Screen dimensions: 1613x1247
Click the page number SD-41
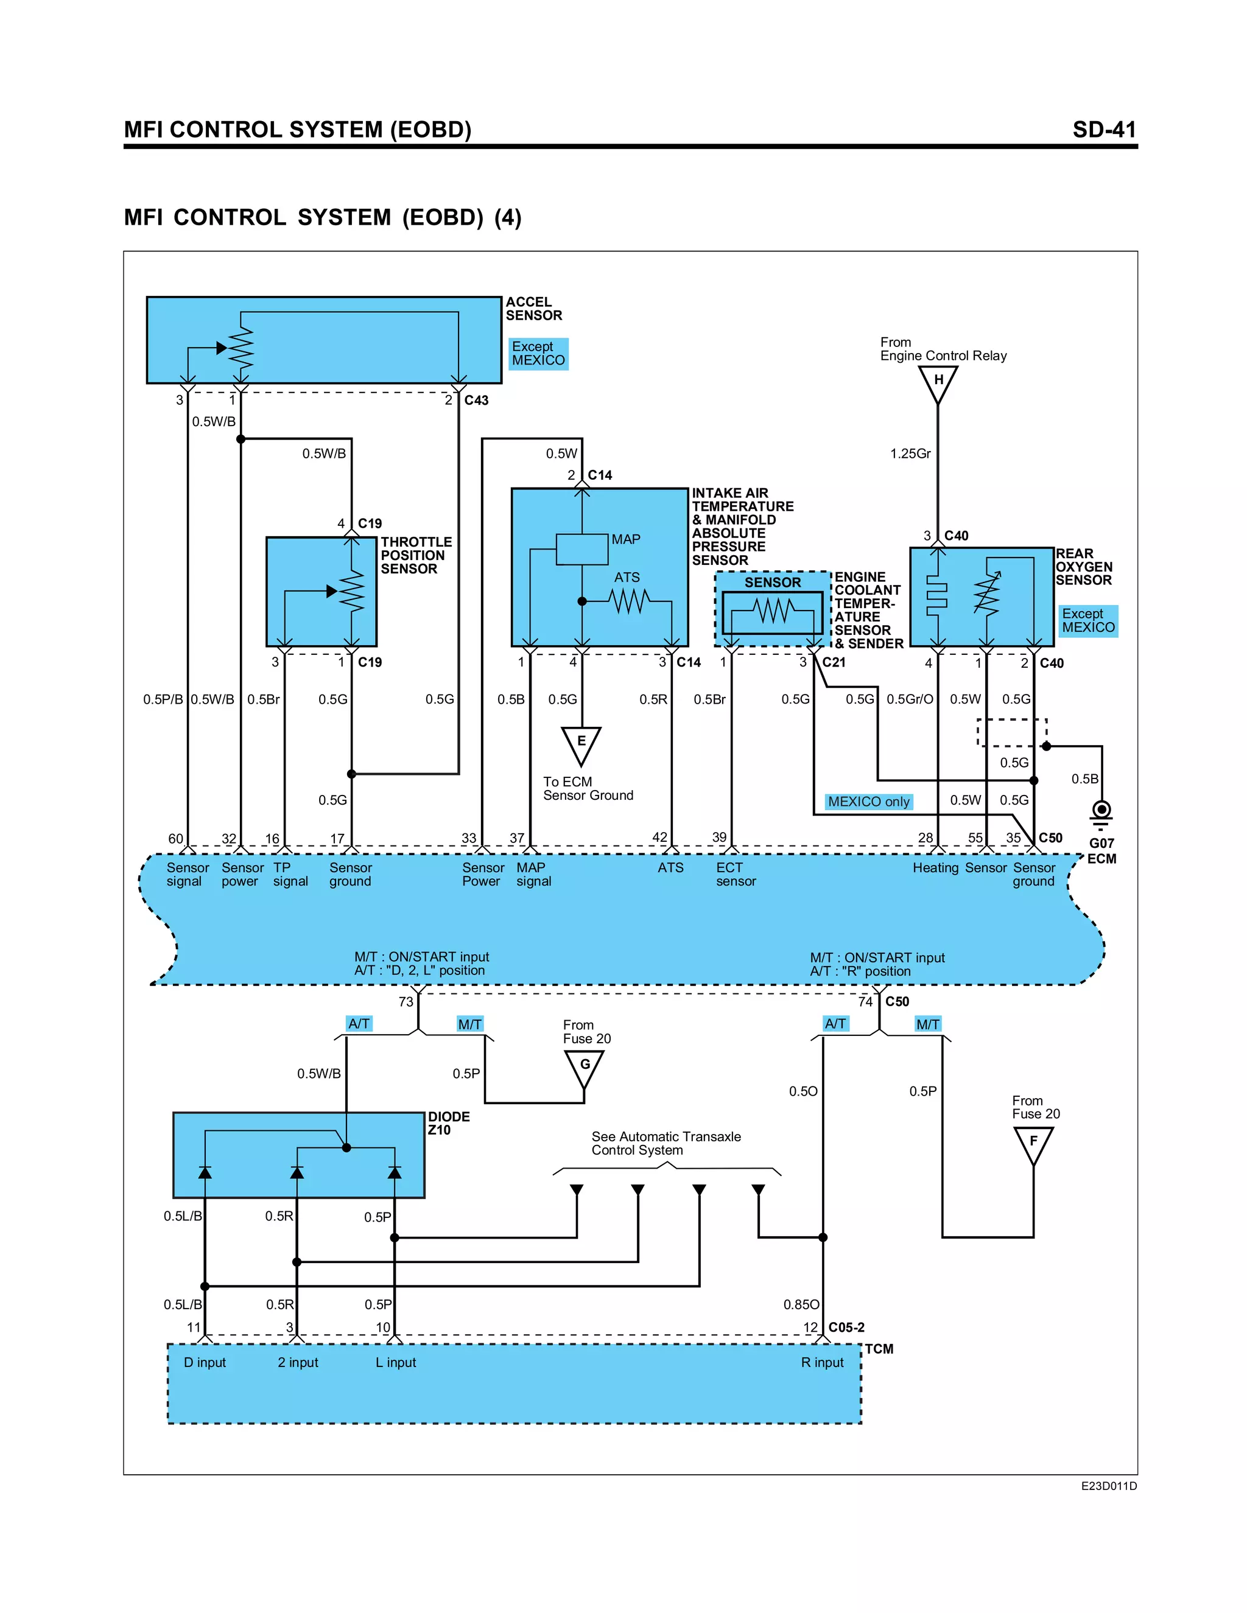click(1104, 130)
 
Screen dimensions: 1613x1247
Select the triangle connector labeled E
click(581, 743)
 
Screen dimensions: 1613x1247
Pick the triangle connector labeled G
click(585, 1066)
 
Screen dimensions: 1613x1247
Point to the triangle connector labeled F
click(1033, 1143)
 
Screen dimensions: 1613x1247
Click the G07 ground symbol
click(1101, 813)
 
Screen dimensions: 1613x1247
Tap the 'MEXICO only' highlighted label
click(869, 802)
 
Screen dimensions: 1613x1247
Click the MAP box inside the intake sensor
click(582, 549)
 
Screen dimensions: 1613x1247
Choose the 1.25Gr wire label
click(910, 453)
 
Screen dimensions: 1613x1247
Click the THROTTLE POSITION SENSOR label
click(416, 555)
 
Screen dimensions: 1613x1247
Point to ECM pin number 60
click(175, 838)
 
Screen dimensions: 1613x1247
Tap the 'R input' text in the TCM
click(821, 1363)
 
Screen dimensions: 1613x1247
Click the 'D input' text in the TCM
click(205, 1363)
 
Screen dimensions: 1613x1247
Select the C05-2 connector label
click(846, 1327)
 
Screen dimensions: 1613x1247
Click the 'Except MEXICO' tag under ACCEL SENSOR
click(538, 354)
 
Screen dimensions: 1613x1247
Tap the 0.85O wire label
click(801, 1304)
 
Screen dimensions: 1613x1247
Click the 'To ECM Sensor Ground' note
click(588, 789)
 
